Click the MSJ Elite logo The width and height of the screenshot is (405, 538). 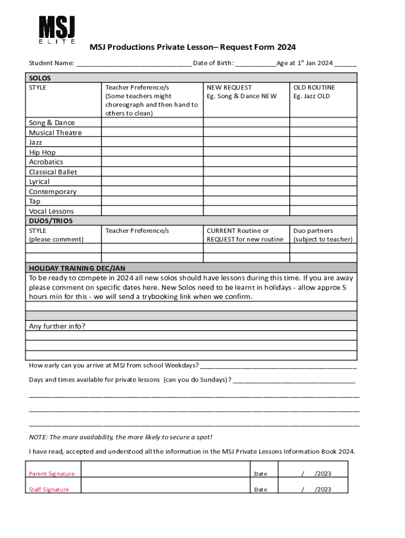pyautogui.click(x=57, y=29)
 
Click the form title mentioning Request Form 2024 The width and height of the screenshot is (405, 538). pyautogui.click(x=193, y=47)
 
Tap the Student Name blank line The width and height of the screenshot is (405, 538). pyautogui.click(x=134, y=64)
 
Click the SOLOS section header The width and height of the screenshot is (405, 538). pyautogui.click(x=40, y=78)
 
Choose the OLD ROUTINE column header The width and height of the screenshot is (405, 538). pyautogui.click(x=314, y=88)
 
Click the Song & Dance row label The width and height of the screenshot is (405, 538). pyautogui.click(x=52, y=123)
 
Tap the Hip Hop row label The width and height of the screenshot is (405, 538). pyautogui.click(x=42, y=152)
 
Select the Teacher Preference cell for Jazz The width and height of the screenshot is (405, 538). pyautogui.click(x=152, y=142)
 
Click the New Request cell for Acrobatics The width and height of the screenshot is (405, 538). pyautogui.click(x=246, y=162)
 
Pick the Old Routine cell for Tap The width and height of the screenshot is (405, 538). pyautogui.click(x=323, y=201)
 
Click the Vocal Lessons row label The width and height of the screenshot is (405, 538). pyautogui.click(x=52, y=211)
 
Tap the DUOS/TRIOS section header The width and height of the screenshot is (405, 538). pyautogui.click(x=51, y=221)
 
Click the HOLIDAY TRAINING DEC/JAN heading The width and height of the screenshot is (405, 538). pyautogui.click(x=77, y=268)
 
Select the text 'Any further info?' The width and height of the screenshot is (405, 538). pyautogui.click(x=57, y=326)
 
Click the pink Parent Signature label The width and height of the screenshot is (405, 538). pyautogui.click(x=52, y=474)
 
